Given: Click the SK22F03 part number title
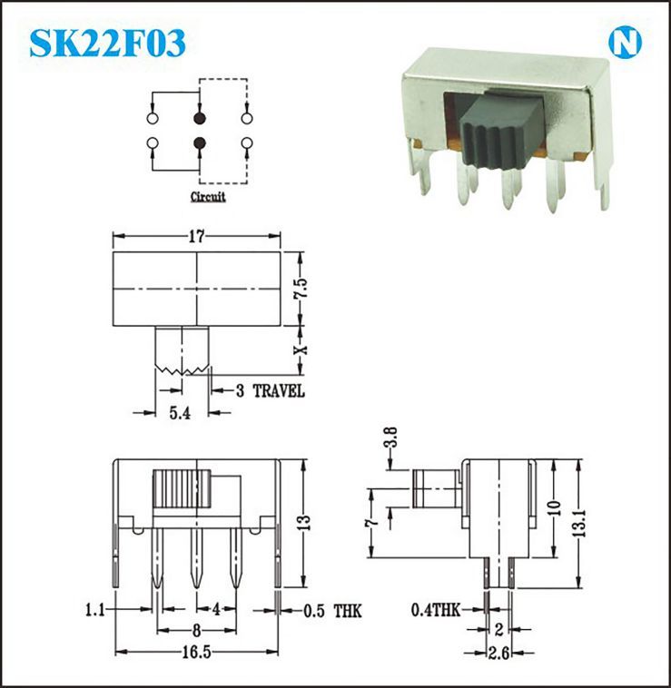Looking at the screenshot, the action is point(107,43).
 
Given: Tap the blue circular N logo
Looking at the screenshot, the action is point(625,43).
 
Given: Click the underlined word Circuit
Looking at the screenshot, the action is point(208,197).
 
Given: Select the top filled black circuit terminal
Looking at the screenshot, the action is point(200,118).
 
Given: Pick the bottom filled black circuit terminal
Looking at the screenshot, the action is point(200,143).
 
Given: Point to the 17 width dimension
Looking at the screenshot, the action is point(197,236).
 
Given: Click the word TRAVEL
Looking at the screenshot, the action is point(279,391).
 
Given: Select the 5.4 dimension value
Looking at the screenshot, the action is point(180,413).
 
